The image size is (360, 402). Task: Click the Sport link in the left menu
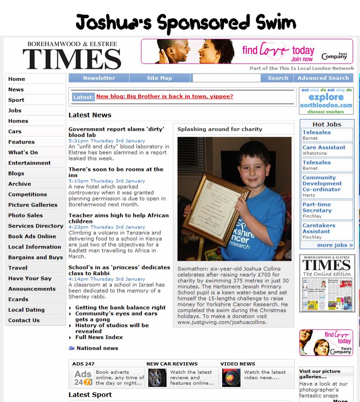(16, 100)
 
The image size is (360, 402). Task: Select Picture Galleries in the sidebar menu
(33, 205)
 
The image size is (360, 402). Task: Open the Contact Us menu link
(24, 321)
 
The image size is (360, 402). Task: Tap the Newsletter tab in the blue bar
(99, 78)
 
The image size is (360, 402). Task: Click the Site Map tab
(159, 78)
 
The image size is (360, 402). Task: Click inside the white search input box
(226, 78)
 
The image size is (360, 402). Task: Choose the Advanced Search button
(323, 78)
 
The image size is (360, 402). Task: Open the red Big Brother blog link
(165, 97)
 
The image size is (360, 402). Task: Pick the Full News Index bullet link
(99, 337)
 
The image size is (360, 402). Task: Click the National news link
(97, 348)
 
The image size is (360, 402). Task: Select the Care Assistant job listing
(324, 148)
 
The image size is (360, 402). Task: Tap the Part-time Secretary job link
(317, 207)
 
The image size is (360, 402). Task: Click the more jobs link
(335, 245)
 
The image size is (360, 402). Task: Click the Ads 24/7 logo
(83, 378)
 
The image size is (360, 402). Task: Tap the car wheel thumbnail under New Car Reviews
(157, 378)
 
